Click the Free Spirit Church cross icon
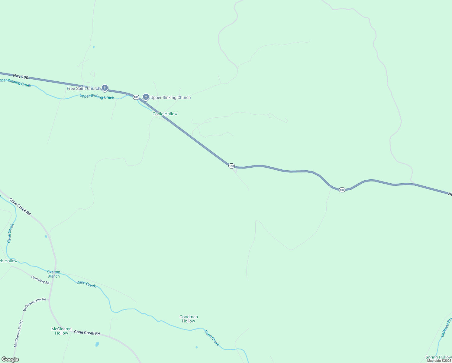coord(105,88)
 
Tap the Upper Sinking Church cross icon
coord(146,97)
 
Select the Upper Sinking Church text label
coord(170,97)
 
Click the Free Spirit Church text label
coord(83,88)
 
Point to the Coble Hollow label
coord(165,114)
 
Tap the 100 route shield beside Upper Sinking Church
coord(136,97)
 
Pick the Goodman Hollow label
coord(189,319)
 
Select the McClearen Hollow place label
coord(62,331)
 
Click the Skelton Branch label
coord(53,274)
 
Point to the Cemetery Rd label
coord(40,280)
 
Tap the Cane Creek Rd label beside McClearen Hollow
coord(87,333)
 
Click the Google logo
coord(10,359)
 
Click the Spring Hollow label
coord(438,357)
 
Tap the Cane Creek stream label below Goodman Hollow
coord(211,338)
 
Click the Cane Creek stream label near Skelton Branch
coord(86,284)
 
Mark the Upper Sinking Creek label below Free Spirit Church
coord(97,97)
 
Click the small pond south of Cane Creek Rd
coord(97,344)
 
